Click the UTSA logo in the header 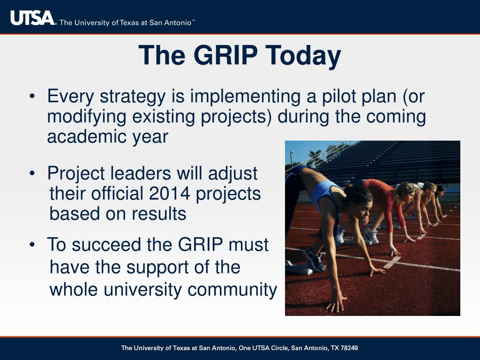coord(32,18)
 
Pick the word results coord(159,214)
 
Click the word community coord(232,290)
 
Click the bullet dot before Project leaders coord(32,173)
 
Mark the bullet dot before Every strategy coord(32,96)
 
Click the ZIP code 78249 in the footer coord(349,348)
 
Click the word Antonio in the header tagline coord(178,23)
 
